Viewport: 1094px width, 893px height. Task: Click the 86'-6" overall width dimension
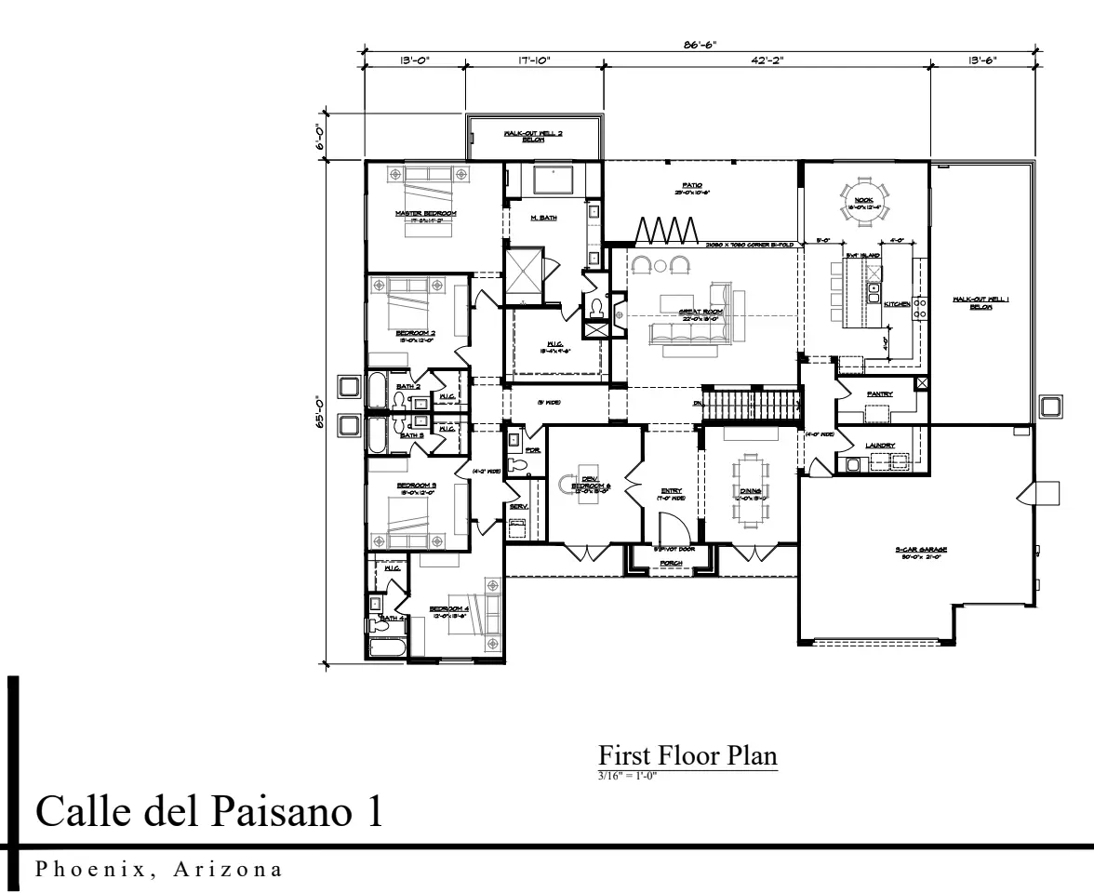point(700,44)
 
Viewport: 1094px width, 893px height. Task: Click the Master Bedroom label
point(425,214)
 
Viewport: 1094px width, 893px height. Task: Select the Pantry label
point(879,394)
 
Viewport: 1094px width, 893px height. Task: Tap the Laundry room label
point(879,446)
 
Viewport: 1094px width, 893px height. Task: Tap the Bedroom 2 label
point(415,333)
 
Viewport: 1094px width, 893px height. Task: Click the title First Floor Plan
point(687,754)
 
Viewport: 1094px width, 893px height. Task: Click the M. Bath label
point(543,218)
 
